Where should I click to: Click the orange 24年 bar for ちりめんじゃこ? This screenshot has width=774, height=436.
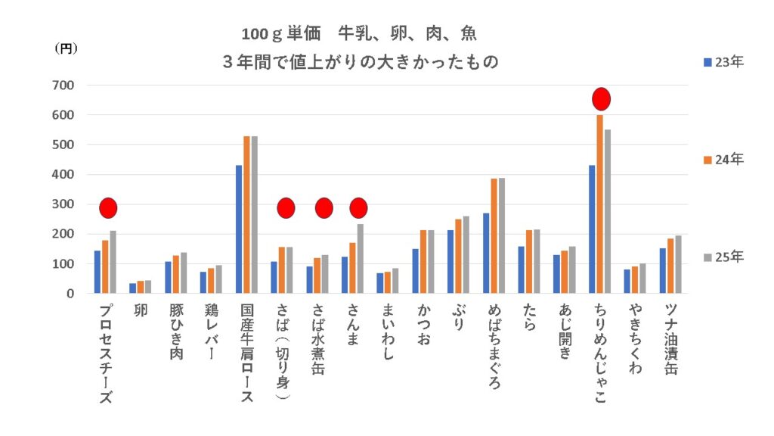[599, 204]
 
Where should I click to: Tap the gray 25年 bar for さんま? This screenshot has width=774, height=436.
[361, 258]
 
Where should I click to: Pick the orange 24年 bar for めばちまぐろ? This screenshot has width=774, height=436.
[494, 235]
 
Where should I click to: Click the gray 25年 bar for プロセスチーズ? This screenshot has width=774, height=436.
[113, 262]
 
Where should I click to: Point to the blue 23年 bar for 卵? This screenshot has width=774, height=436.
[133, 288]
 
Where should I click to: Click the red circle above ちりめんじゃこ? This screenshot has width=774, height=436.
[601, 99]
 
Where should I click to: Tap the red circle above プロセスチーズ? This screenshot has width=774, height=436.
[108, 207]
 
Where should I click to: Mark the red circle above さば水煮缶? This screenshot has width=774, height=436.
[324, 207]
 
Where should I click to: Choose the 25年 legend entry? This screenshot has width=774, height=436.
[724, 257]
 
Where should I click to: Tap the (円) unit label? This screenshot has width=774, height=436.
[66, 48]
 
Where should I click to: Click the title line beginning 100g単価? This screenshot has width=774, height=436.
[359, 35]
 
